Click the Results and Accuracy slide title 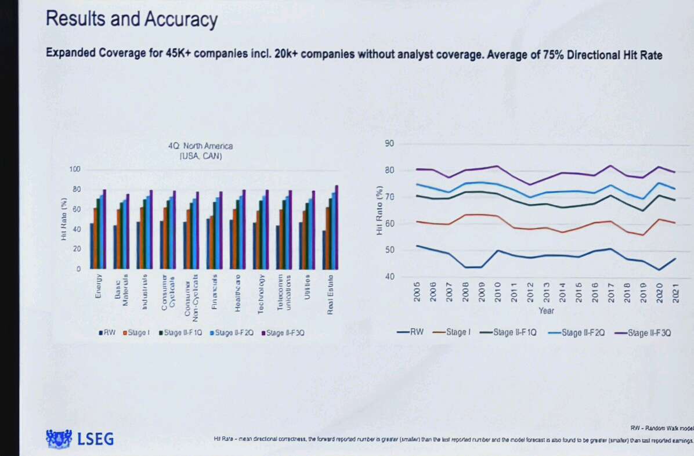(132, 19)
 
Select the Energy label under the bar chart (98, 286)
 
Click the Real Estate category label (330, 294)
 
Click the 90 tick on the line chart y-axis (389, 144)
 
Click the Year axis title (545, 311)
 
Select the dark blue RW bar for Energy (91, 246)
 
